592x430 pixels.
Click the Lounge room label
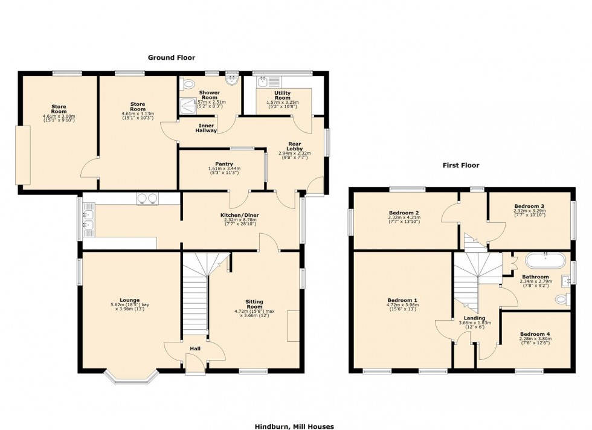tap(129, 300)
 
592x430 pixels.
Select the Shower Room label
tap(209, 95)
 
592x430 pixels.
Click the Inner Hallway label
tap(206, 127)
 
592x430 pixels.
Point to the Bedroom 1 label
tap(402, 300)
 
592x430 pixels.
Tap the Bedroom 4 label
tap(535, 334)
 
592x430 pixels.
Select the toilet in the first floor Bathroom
tap(562, 299)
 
